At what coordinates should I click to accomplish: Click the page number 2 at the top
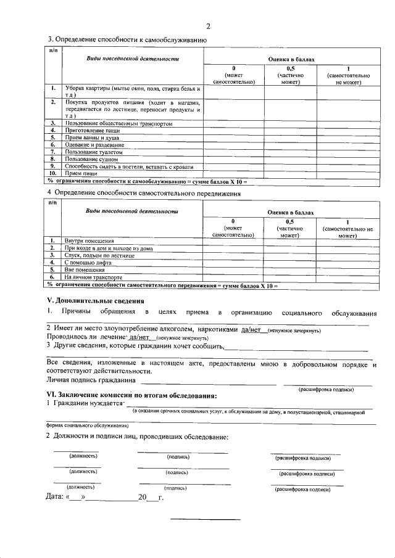point(209,26)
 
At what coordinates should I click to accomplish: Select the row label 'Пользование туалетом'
point(89,152)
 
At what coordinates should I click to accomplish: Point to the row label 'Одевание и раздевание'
point(90,145)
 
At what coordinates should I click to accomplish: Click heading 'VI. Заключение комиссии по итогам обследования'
point(132,395)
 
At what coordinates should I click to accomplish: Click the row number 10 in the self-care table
point(54,173)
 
